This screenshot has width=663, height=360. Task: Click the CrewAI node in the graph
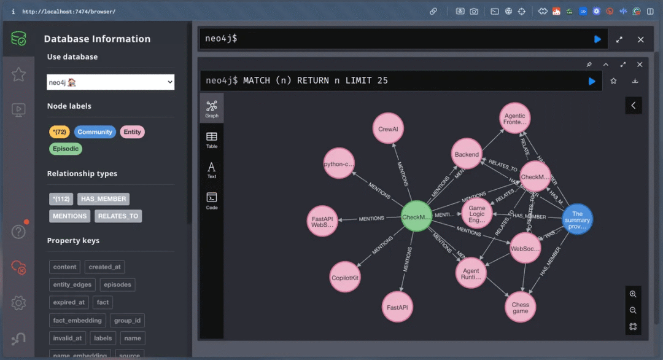tap(388, 129)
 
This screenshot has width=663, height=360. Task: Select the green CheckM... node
tap(416, 217)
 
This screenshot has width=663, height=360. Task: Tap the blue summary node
tap(577, 220)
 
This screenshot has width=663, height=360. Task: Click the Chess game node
tap(520, 308)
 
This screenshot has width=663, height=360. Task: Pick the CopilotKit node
tap(345, 278)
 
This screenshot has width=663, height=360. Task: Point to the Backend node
tap(467, 155)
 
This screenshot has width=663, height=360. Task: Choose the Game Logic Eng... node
tap(477, 214)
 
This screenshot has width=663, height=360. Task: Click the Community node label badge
tap(95, 131)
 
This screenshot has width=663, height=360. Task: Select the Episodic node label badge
tap(66, 149)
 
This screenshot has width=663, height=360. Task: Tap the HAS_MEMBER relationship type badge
tap(103, 198)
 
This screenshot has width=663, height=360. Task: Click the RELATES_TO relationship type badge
tap(118, 216)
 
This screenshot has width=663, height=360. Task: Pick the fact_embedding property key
tap(77, 320)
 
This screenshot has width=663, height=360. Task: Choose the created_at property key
tap(105, 267)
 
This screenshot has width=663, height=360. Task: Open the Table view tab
tap(211, 139)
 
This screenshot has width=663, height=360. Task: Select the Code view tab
tap(211, 200)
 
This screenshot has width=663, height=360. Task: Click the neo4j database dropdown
tap(110, 82)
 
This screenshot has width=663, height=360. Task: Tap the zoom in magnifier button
tap(633, 294)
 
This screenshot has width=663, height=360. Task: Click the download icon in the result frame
tap(635, 80)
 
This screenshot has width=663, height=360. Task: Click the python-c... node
tap(339, 164)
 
